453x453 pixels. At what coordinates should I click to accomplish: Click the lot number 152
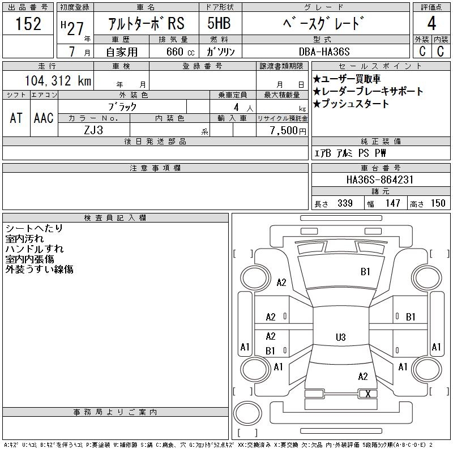pyautogui.click(x=28, y=24)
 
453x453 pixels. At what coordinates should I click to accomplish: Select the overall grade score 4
pyautogui.click(x=431, y=23)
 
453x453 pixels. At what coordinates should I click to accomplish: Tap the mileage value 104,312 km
pyautogui.click(x=58, y=80)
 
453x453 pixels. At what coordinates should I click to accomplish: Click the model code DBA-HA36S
pyautogui.click(x=324, y=52)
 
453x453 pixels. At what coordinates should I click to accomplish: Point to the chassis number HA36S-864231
pyautogui.click(x=380, y=180)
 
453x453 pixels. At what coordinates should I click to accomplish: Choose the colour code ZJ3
pyautogui.click(x=93, y=130)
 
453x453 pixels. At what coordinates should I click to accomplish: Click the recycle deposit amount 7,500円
pyautogui.click(x=288, y=131)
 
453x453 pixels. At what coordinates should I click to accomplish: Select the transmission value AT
pyautogui.click(x=16, y=118)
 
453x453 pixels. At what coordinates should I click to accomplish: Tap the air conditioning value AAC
pyautogui.click(x=44, y=118)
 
